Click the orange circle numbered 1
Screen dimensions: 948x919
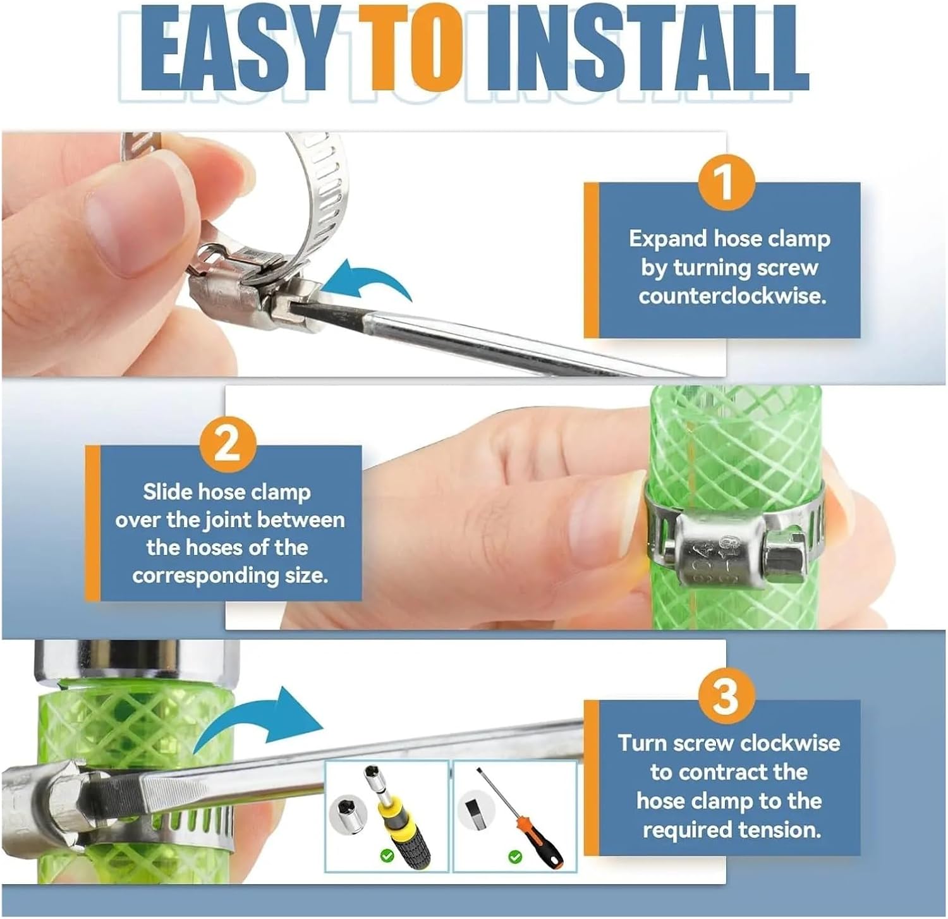726,182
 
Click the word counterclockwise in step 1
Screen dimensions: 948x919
732,296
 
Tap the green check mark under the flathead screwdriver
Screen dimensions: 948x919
515,856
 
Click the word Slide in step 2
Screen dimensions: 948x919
168,492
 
